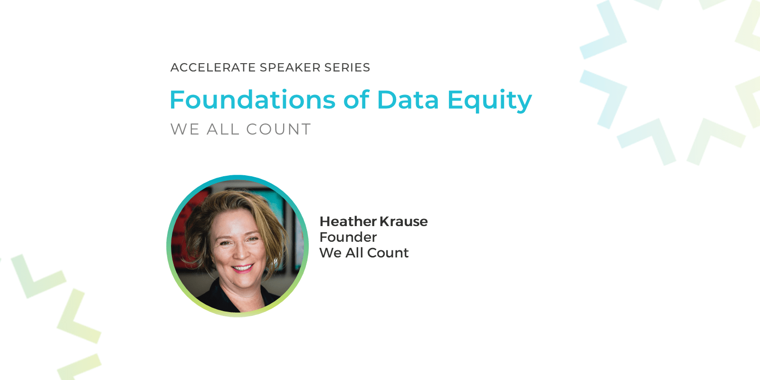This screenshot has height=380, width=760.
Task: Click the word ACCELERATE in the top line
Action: click(x=213, y=67)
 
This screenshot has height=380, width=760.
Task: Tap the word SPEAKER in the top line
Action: click(x=290, y=67)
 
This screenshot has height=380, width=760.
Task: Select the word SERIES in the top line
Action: click(x=347, y=67)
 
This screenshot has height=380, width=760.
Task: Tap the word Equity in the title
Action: click(x=490, y=101)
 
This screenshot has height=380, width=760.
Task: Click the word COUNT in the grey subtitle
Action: click(x=278, y=129)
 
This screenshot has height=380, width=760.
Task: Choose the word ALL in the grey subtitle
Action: click(x=223, y=129)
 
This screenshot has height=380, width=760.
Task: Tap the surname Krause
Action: click(x=403, y=221)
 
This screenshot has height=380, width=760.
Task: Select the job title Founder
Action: click(x=348, y=237)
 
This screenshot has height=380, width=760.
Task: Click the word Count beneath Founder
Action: click(x=388, y=253)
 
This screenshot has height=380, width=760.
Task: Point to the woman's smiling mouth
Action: click(x=242, y=268)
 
